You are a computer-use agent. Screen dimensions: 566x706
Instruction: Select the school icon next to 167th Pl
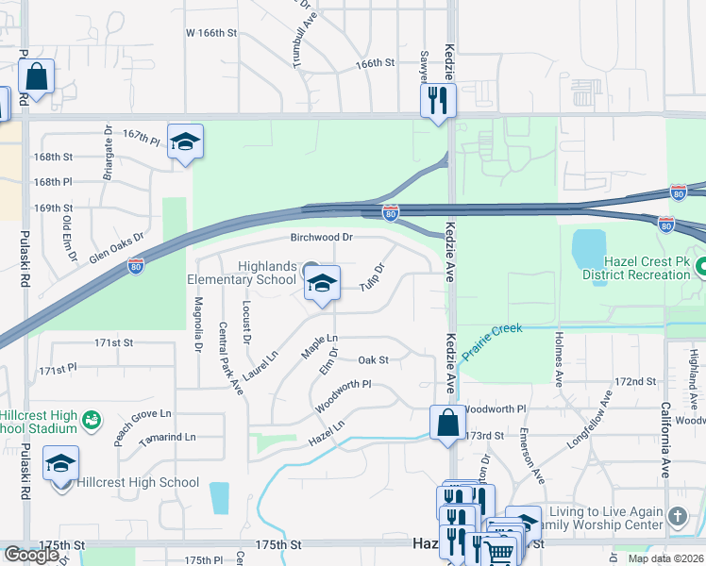coord(186,141)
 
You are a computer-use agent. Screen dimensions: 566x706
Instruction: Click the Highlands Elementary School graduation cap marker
coord(322,284)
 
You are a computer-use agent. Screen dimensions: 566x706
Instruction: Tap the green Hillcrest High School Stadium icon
coord(92,418)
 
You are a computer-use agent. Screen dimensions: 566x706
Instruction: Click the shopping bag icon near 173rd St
coord(446,422)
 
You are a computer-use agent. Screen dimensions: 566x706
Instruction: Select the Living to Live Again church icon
coord(678,516)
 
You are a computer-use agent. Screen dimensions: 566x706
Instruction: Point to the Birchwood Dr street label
coord(322,238)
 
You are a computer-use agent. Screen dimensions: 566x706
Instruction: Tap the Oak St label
coord(374,359)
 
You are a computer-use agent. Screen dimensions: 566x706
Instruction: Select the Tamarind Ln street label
coord(166,437)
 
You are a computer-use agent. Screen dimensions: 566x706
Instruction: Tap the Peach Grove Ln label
coord(143,414)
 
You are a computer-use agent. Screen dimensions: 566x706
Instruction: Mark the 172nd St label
coord(635,381)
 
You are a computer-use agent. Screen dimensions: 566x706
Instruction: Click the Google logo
coord(31,555)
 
